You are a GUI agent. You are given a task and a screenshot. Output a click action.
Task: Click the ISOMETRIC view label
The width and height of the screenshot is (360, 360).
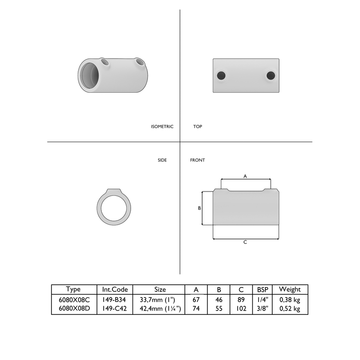click(162, 127)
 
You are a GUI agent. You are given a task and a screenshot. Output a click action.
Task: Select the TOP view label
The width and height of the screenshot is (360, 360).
click(197, 127)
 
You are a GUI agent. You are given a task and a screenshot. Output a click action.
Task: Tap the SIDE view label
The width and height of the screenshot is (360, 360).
click(162, 160)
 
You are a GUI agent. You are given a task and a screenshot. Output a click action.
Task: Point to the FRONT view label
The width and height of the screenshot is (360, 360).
click(197, 160)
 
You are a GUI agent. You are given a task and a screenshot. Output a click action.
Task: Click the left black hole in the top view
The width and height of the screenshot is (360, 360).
click(221, 75)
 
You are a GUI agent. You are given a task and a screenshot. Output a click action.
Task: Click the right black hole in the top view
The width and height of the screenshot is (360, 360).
click(271, 75)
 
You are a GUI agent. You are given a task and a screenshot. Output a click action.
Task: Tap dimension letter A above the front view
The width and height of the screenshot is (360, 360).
click(245, 176)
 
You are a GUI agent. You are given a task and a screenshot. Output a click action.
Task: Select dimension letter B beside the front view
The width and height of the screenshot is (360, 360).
click(199, 208)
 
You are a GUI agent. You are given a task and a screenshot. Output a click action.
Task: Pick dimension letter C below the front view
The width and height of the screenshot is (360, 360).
click(245, 242)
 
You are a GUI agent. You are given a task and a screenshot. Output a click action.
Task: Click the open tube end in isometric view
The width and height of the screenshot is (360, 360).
click(90, 76)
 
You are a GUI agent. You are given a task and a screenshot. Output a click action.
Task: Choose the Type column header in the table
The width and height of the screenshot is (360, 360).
click(73, 289)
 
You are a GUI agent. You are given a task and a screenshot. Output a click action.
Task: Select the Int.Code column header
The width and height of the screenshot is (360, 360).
click(115, 289)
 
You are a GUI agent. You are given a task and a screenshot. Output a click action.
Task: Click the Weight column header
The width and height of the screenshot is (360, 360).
click(290, 289)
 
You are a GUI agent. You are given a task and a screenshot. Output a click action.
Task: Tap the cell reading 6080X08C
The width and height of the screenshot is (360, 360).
click(73, 300)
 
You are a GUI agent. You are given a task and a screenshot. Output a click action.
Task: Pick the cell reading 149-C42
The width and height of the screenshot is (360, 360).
click(115, 309)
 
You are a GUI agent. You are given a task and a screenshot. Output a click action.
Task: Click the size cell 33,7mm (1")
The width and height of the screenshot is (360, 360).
click(159, 300)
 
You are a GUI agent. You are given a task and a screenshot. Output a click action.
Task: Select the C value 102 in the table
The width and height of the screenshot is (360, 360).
click(241, 309)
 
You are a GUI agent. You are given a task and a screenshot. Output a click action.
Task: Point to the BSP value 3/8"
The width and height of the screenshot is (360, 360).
click(263, 309)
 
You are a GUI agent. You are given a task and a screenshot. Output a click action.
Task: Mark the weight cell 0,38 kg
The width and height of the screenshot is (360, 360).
click(290, 300)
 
